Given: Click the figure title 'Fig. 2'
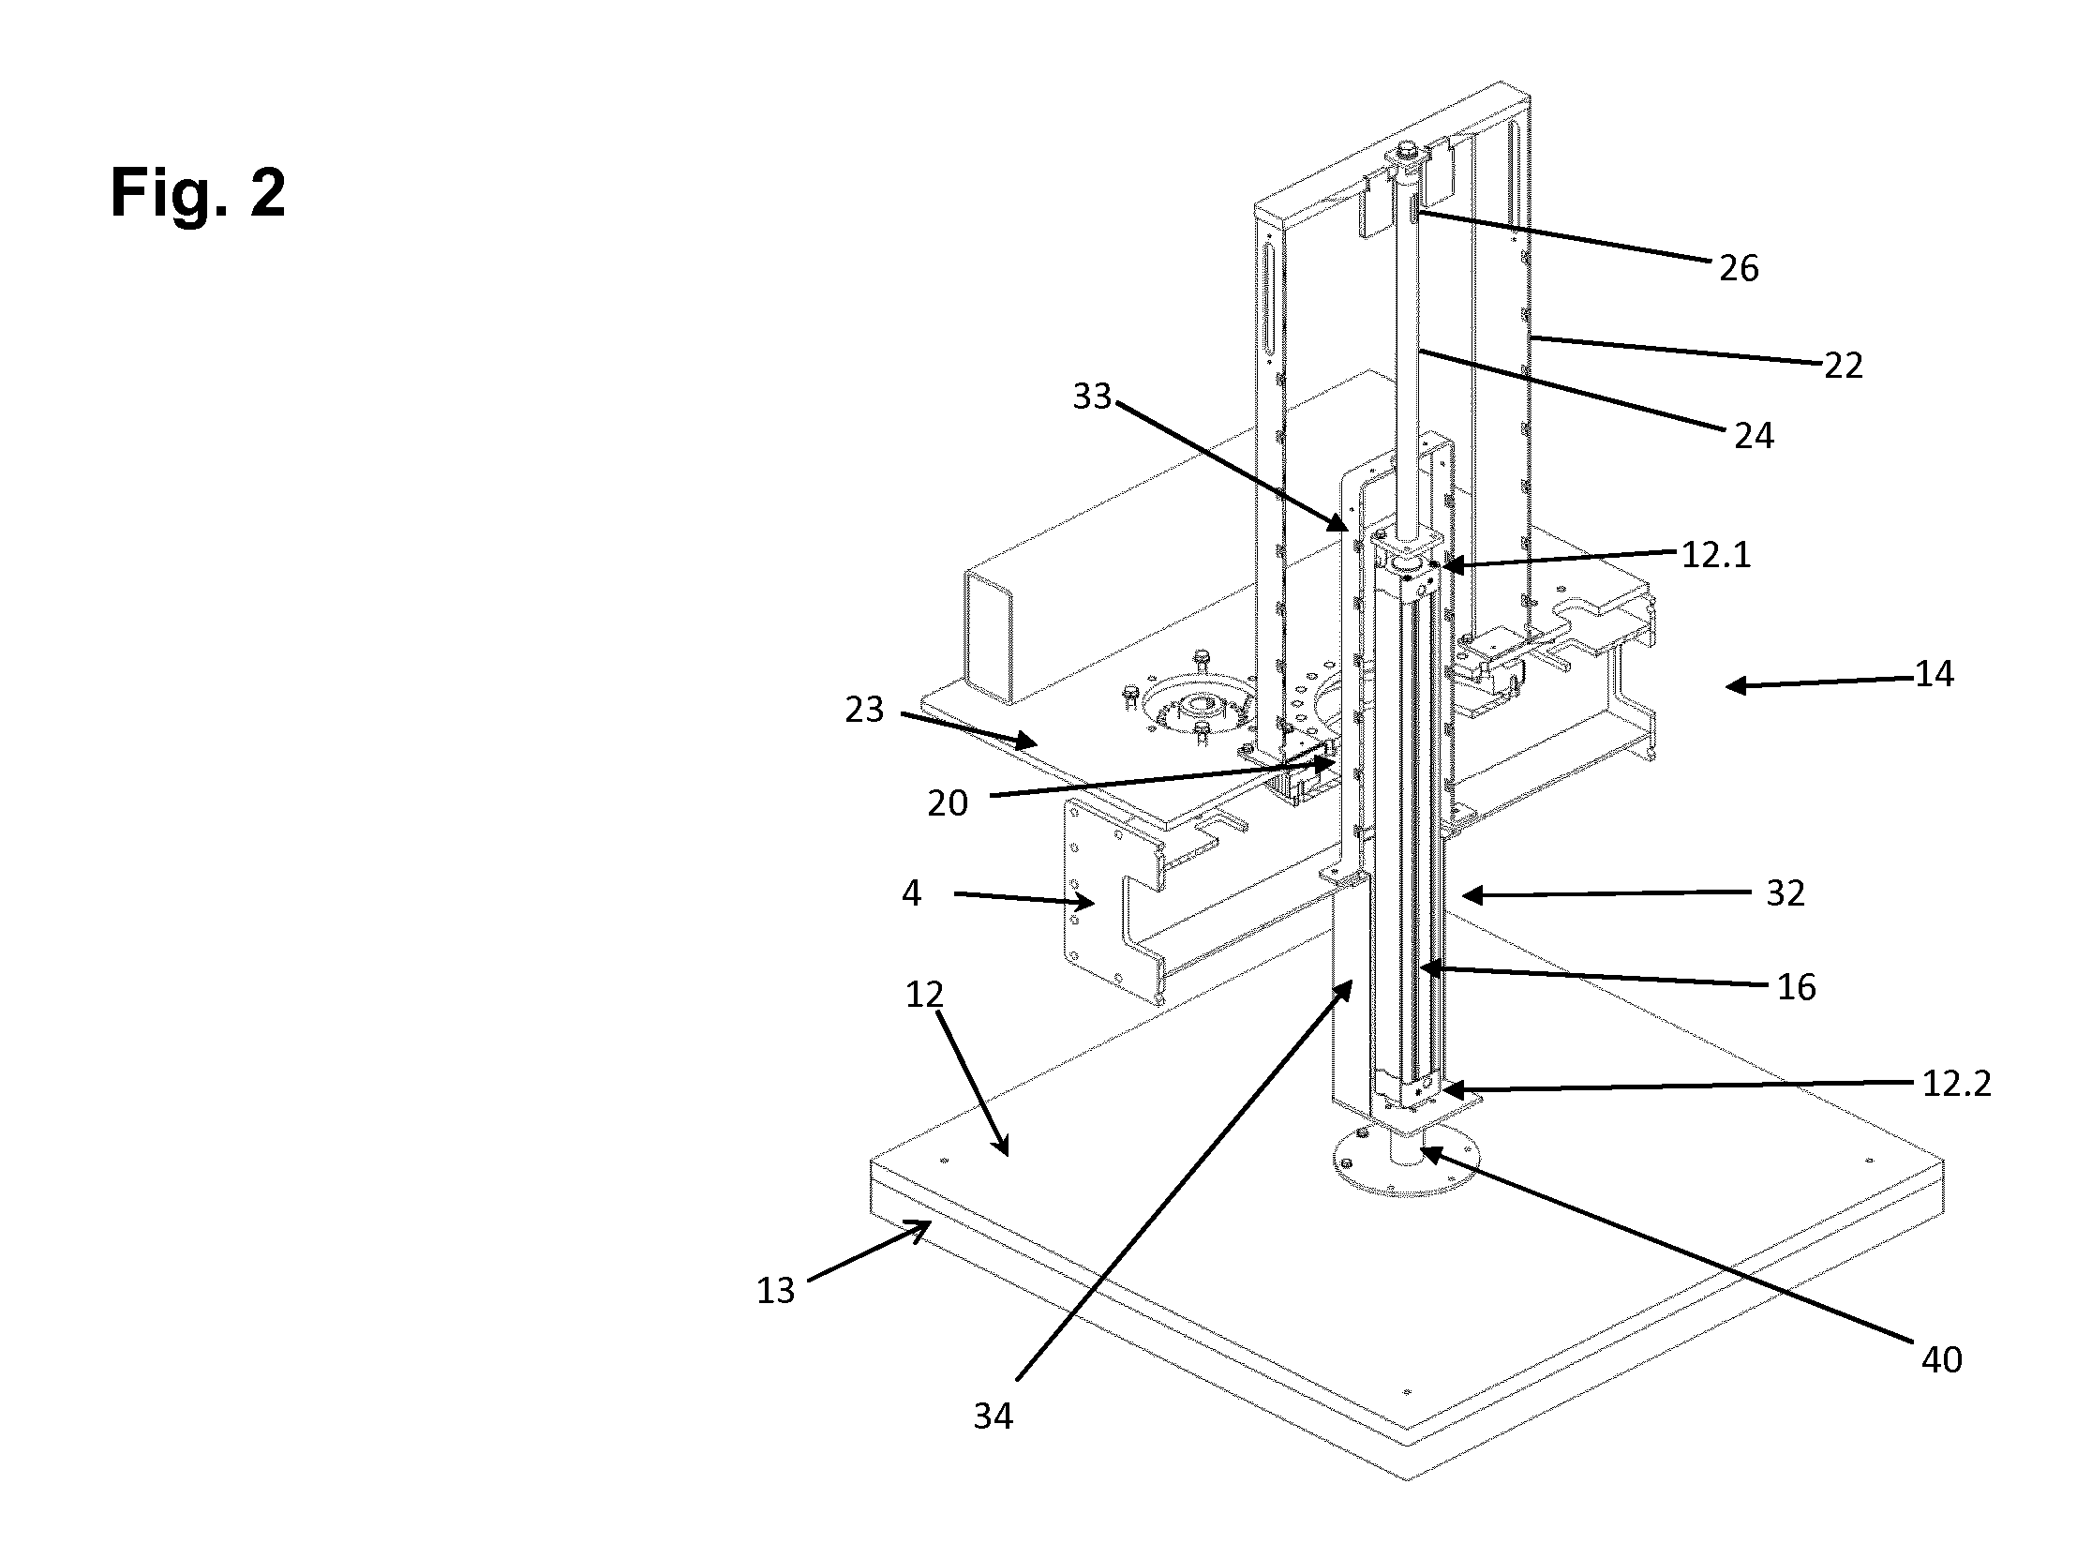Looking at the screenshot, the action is tap(198, 193).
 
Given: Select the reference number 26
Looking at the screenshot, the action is tap(1739, 270).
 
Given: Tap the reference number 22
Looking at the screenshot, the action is tap(1845, 366).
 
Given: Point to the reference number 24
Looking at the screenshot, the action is tap(1754, 436).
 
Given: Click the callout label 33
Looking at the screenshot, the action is tap(1092, 397).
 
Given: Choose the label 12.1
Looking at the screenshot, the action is tap(1715, 555).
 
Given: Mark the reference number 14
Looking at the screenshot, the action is tap(1935, 674).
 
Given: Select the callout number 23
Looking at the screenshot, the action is tap(864, 710).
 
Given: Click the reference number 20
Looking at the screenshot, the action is tap(948, 804).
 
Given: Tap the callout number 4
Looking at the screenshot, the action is tap(911, 893).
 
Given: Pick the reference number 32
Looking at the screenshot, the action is tap(1785, 893).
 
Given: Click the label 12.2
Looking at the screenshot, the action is tap(1957, 1085).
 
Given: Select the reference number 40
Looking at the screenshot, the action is tap(1942, 1359).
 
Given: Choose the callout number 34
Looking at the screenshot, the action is tap(994, 1417).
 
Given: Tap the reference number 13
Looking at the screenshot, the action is tap(775, 1291).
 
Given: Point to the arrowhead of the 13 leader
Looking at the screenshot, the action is tap(924, 1224).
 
